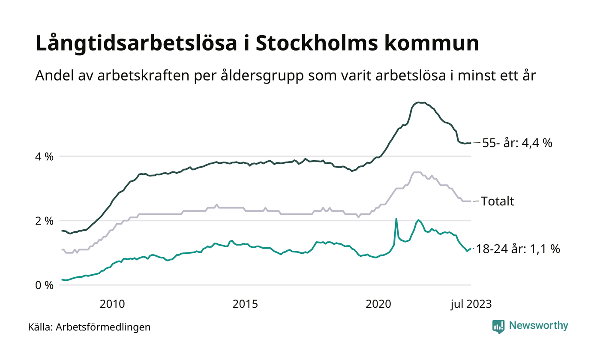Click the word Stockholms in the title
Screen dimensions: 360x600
(x=313, y=44)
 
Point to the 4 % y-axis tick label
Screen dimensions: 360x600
(x=44, y=156)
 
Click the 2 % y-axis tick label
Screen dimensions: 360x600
(x=44, y=221)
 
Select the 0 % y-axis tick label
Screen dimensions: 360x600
(x=44, y=285)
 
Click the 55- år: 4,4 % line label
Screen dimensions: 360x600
(x=517, y=143)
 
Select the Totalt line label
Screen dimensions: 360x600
(x=498, y=201)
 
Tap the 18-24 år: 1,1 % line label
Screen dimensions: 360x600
(x=518, y=249)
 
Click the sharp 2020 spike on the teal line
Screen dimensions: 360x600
(x=396, y=219)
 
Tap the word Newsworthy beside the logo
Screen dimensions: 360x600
(x=538, y=326)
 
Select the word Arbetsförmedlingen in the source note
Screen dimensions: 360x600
(x=103, y=327)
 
